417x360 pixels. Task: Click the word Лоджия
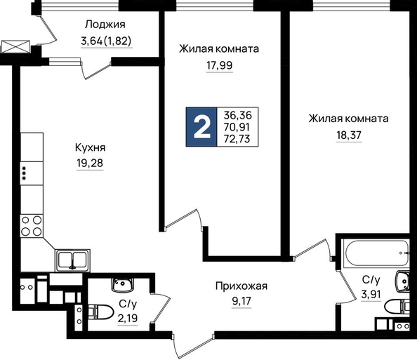tap(105, 25)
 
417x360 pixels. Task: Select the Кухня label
tap(90, 147)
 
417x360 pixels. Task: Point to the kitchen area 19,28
tap(90, 164)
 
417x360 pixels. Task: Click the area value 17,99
tap(220, 65)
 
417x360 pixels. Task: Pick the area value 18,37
tap(349, 135)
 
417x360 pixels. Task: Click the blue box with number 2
tap(201, 127)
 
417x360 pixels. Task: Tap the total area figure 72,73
tap(237, 139)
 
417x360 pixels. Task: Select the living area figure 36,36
tap(237, 115)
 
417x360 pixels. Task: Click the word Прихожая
tap(241, 286)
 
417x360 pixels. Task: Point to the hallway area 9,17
tap(241, 302)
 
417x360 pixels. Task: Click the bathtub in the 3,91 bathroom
tap(376, 253)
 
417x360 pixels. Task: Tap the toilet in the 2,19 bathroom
tap(101, 312)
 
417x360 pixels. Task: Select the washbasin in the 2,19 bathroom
tap(122, 285)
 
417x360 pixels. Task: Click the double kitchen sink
tap(72, 260)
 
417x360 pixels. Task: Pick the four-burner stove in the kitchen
tap(32, 226)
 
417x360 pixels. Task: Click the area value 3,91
tap(371, 294)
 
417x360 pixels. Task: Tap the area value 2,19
tap(128, 318)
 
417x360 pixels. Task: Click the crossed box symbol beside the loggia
tap(15, 47)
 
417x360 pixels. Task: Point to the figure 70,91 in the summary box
tap(237, 127)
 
